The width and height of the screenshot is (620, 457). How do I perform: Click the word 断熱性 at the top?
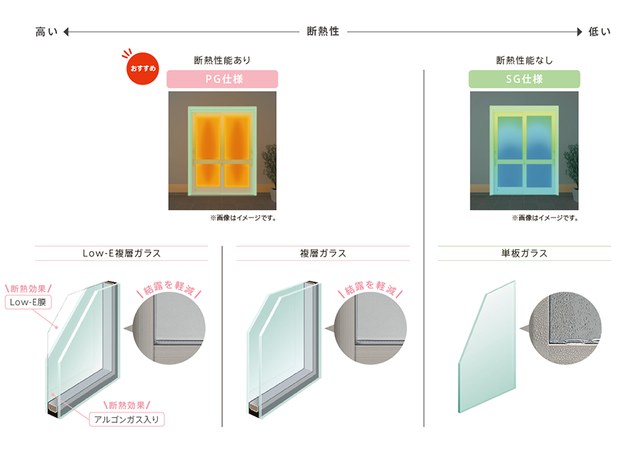coord(323,32)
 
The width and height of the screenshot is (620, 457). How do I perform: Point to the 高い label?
coord(46,32)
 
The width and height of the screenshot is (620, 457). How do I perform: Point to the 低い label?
coord(599,32)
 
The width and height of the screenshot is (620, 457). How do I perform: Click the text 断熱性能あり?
coord(223,60)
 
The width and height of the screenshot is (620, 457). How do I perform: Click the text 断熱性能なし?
coord(524,60)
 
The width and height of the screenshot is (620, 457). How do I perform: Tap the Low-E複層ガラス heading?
coord(122,254)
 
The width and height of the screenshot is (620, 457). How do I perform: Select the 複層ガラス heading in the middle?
coord(323,254)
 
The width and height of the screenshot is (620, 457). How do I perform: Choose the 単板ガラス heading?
coord(524,254)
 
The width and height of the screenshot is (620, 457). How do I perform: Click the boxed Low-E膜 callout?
coord(28,302)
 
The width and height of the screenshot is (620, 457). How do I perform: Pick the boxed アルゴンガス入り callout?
coord(126,419)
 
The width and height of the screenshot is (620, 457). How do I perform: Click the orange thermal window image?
coord(222,150)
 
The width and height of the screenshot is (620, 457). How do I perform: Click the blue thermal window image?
coord(524,150)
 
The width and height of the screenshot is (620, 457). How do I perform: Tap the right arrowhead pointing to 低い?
coord(579,32)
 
